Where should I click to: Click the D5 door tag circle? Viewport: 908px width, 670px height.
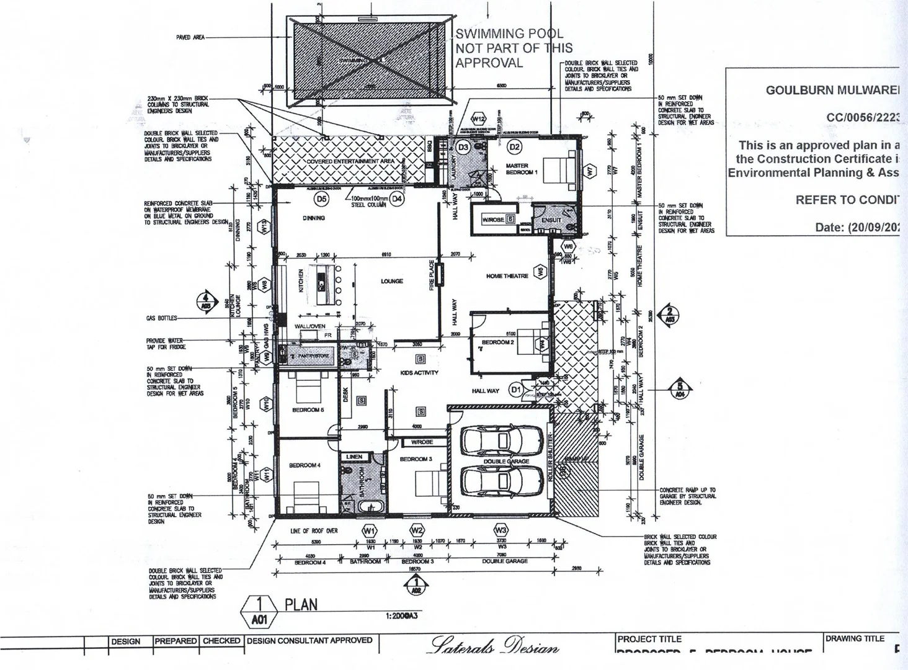pos(321,199)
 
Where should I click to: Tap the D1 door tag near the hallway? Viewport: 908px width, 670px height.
pos(516,390)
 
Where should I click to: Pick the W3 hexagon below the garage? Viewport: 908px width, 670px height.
pos(501,530)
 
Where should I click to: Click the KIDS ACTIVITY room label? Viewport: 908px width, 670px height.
pos(419,373)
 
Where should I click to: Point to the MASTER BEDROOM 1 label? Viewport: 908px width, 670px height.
pos(521,169)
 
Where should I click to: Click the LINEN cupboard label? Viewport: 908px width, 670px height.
pos(354,457)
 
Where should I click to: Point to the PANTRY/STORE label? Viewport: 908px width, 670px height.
pos(314,356)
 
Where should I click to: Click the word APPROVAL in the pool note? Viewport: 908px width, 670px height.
pos(489,63)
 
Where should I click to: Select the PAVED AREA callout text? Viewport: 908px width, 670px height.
pos(190,37)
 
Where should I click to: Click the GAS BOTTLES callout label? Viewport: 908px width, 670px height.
pos(161,318)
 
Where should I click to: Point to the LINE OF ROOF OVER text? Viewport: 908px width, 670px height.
pos(314,531)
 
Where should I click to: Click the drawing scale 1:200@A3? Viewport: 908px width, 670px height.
pos(401,616)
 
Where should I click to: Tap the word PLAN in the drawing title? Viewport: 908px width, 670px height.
pos(301,604)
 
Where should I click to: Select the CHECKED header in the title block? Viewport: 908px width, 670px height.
pos(221,641)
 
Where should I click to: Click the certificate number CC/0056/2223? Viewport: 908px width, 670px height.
pos(862,117)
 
